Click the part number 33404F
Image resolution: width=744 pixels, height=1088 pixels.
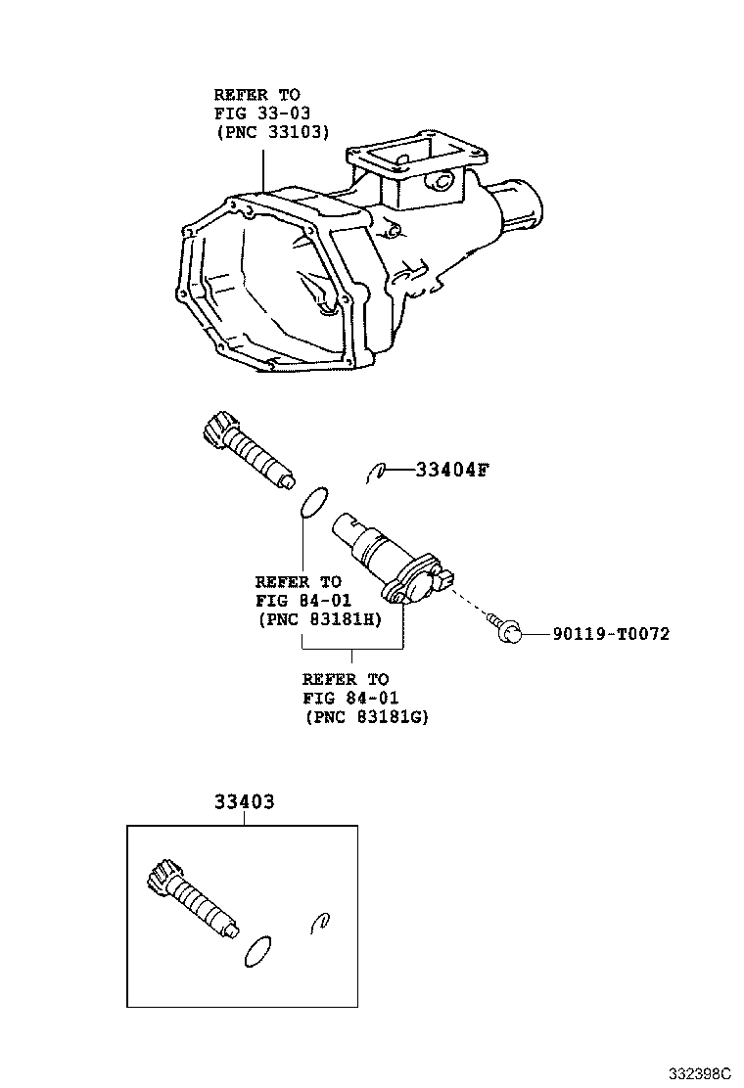click(451, 471)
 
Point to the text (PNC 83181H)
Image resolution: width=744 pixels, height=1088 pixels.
click(319, 618)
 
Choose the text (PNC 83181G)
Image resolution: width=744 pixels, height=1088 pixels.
click(367, 716)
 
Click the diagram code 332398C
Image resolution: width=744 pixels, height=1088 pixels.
click(700, 1073)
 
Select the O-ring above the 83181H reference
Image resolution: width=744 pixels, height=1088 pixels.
click(312, 502)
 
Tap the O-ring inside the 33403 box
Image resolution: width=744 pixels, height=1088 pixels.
click(256, 951)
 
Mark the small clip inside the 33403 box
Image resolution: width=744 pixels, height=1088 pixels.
click(320, 920)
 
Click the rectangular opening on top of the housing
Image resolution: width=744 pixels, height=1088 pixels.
click(416, 156)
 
